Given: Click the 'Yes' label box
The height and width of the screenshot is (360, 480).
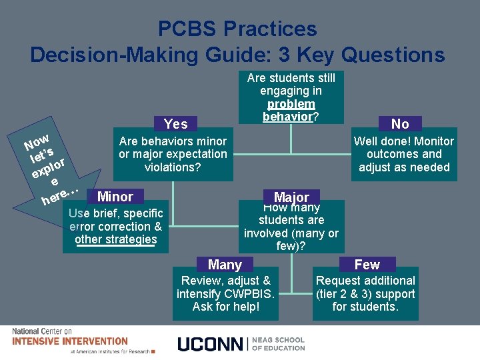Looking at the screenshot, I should point(176,123).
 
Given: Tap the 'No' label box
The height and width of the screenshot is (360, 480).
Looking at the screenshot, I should point(400,123).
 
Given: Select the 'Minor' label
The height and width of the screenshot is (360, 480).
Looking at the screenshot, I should point(115,197).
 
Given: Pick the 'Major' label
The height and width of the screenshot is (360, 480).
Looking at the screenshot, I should point(291,197).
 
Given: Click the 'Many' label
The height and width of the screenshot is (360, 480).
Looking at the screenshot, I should point(225,265).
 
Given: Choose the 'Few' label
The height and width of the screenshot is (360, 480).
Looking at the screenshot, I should point(367,265).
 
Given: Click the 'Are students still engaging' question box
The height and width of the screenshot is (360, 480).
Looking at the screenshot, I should point(291,97).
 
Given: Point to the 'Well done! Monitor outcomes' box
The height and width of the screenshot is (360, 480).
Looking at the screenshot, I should point(403,155).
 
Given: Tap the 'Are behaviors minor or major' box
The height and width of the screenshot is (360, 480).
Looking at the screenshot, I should point(173,155).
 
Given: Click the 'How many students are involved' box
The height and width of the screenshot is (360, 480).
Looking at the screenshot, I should point(291,227).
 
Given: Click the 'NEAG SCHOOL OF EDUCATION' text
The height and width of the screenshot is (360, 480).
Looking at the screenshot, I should point(279,343).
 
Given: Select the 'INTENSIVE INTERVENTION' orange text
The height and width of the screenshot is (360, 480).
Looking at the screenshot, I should point(70,341).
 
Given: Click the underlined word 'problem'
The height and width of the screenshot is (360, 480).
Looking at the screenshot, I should point(291,104).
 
